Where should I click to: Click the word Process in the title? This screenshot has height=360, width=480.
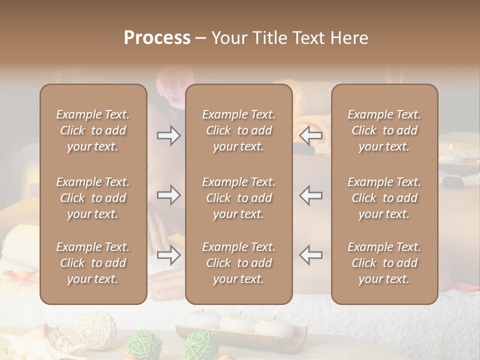[x=157, y=38]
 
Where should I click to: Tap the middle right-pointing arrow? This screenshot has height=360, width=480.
[x=168, y=195]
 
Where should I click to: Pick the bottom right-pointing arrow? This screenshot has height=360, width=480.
[x=168, y=255]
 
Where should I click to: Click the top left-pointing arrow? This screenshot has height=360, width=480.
[x=310, y=135]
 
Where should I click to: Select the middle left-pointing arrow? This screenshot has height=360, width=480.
[x=310, y=195]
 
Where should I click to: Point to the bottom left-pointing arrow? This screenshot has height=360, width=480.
[x=310, y=254]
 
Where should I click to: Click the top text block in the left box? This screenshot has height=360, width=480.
[x=93, y=130]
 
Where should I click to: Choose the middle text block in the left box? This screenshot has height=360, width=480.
[x=93, y=198]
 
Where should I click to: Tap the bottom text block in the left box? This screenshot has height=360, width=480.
[x=93, y=263]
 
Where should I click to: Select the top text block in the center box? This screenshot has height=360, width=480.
[x=238, y=130]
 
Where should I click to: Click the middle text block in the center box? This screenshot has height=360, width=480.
[x=238, y=198]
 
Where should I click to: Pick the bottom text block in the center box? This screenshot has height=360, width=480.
[x=238, y=263]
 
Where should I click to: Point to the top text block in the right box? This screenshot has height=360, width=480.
[x=384, y=130]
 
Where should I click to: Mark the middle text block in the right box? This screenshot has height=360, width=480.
[x=384, y=198]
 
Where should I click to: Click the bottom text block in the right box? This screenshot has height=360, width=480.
[x=384, y=263]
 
